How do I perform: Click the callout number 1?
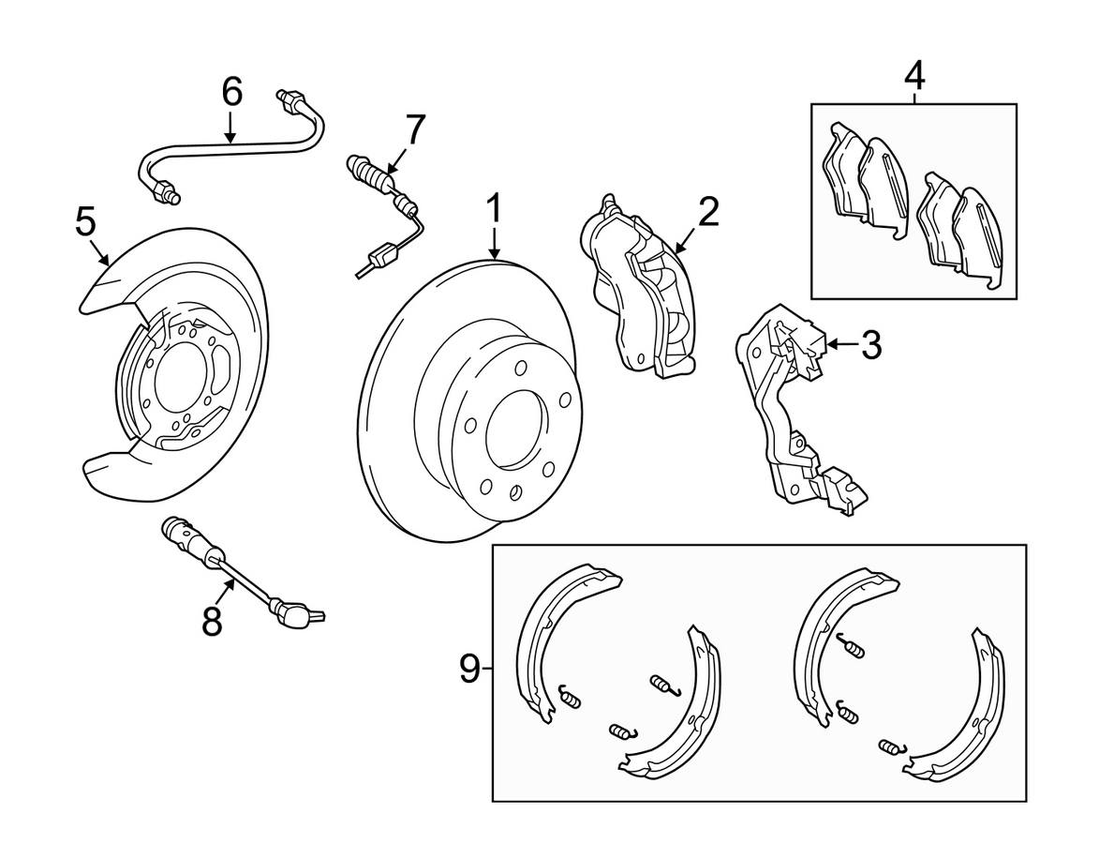click(495, 210)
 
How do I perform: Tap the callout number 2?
click(707, 212)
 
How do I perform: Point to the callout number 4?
click(914, 76)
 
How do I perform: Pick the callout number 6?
click(231, 92)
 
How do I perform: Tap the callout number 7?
click(414, 129)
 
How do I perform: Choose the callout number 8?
click(212, 620)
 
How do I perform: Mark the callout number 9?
click(469, 669)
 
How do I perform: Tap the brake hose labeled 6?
click(232, 146)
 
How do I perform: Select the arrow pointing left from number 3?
click(841, 344)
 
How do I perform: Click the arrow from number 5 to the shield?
click(98, 252)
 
